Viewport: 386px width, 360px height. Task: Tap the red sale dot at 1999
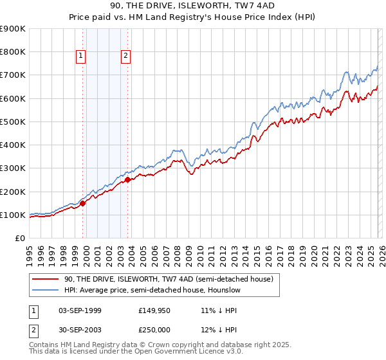coord(82,203)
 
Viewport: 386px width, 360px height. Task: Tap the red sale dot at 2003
coord(128,180)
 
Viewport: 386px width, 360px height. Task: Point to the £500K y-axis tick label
coord(13,122)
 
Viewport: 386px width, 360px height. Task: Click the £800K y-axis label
coord(13,51)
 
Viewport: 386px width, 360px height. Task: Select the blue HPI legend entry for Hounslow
coord(152,291)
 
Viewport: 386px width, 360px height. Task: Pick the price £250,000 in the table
coord(155,329)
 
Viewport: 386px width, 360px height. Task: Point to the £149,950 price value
coord(155,310)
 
